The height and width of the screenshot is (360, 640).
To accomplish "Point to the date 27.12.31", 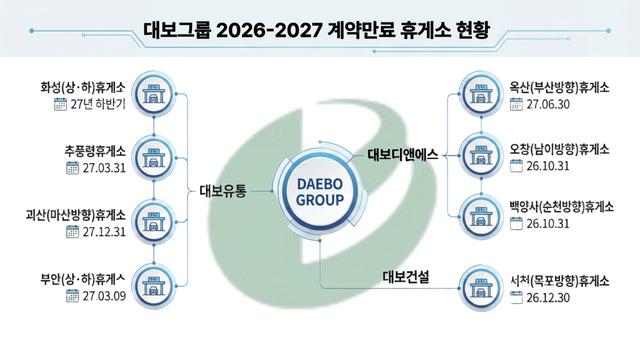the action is tap(106, 232).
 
